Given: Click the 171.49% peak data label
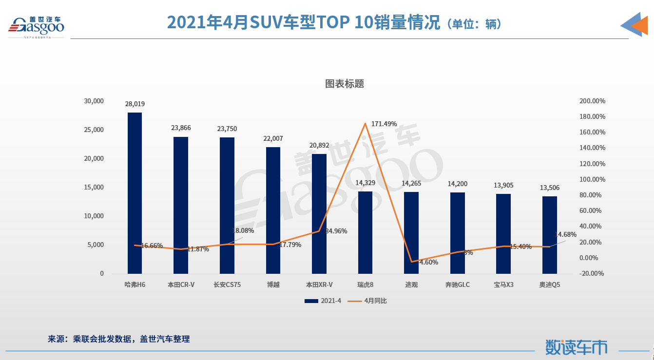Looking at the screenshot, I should tap(384, 124).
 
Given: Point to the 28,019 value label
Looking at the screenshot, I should tap(135, 104).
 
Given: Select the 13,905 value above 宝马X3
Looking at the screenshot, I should tap(503, 185).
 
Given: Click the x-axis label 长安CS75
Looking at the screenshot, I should tap(227, 284).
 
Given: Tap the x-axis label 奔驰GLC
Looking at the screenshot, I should tap(458, 284).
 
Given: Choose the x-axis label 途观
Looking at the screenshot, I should tap(411, 284).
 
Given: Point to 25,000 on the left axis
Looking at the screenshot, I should tap(95, 130).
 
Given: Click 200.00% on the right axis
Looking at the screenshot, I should tap(592, 101).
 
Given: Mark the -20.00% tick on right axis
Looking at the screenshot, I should tap(592, 273).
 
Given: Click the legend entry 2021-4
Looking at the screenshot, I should tap(323, 301).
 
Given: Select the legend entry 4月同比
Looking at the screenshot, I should tap(368, 301).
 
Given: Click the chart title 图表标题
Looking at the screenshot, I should tap(345, 84).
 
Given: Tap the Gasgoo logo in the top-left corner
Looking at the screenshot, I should tap(36, 25).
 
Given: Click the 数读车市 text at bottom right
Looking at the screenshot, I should tap(576, 346).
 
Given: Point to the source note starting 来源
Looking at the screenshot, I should tap(118, 339).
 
